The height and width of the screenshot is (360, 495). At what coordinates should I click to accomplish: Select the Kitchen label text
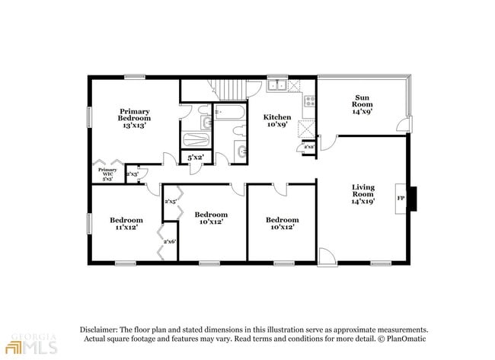point(277,121)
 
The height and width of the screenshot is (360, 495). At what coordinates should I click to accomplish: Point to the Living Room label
point(362,195)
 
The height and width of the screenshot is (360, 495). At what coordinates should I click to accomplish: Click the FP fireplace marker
point(401,199)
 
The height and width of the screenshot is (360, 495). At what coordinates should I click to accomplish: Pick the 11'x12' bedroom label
point(126,224)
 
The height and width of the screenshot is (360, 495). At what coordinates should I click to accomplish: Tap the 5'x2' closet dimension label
point(196,158)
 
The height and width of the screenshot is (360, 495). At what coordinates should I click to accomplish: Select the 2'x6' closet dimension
point(170,241)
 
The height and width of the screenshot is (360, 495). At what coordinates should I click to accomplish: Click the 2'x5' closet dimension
point(171,201)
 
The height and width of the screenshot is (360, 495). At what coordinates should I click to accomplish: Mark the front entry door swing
point(326,256)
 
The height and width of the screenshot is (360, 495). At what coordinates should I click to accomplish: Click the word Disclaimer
point(103,329)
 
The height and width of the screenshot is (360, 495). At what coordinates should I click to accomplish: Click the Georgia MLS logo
point(30,345)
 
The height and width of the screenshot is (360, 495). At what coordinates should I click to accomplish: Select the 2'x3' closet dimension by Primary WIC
point(132,174)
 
